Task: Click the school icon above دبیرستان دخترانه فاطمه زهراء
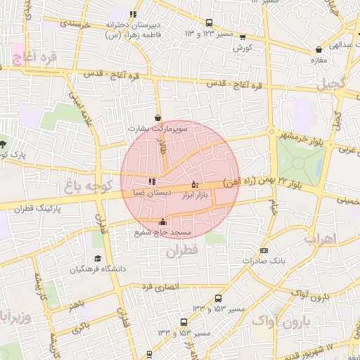(x=133, y=14)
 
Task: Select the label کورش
(x=243, y=47)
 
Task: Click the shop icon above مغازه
(x=320, y=50)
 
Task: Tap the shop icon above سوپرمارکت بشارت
(x=157, y=118)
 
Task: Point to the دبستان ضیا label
(x=152, y=192)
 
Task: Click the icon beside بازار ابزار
(x=195, y=184)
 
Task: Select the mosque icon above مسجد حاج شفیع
(x=163, y=221)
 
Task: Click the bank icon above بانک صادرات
(x=264, y=250)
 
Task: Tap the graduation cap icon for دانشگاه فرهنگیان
(x=97, y=259)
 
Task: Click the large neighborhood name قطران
(x=184, y=250)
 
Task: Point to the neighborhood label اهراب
(x=321, y=238)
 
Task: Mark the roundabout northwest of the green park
(x=271, y=131)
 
